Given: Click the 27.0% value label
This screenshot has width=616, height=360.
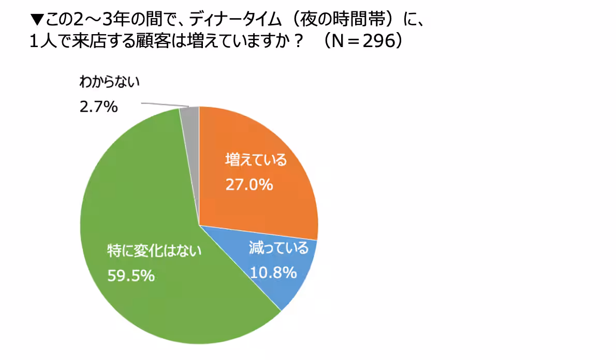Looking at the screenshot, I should [x=249, y=184].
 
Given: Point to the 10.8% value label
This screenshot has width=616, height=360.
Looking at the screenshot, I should [x=273, y=271].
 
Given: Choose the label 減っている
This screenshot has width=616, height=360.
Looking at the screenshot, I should [x=278, y=248].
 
